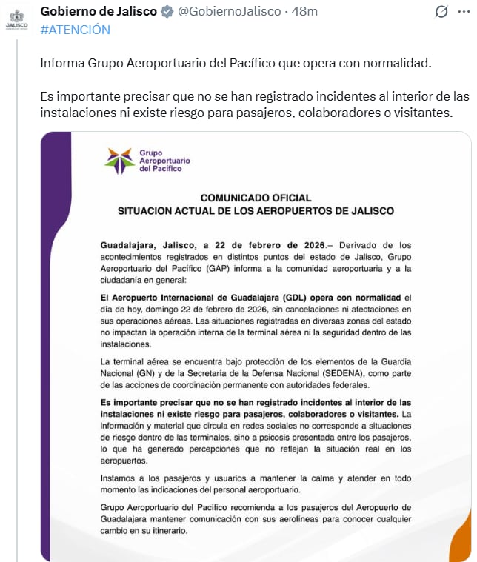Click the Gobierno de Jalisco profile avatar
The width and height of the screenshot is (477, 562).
click(x=16, y=20)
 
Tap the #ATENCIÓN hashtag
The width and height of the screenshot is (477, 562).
click(x=75, y=30)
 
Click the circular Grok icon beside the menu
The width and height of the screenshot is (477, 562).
click(x=441, y=12)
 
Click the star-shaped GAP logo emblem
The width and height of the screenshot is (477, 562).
click(x=119, y=161)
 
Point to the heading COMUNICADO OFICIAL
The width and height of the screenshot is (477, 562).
click(x=256, y=198)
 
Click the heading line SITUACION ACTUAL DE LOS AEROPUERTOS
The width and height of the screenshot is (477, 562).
click(x=256, y=211)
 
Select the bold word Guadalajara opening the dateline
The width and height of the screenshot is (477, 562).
click(x=130, y=244)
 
